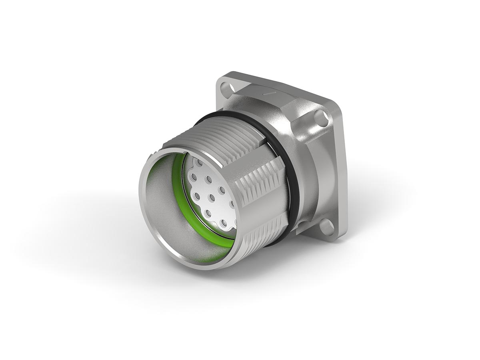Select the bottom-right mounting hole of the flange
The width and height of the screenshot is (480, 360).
(326, 227)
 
